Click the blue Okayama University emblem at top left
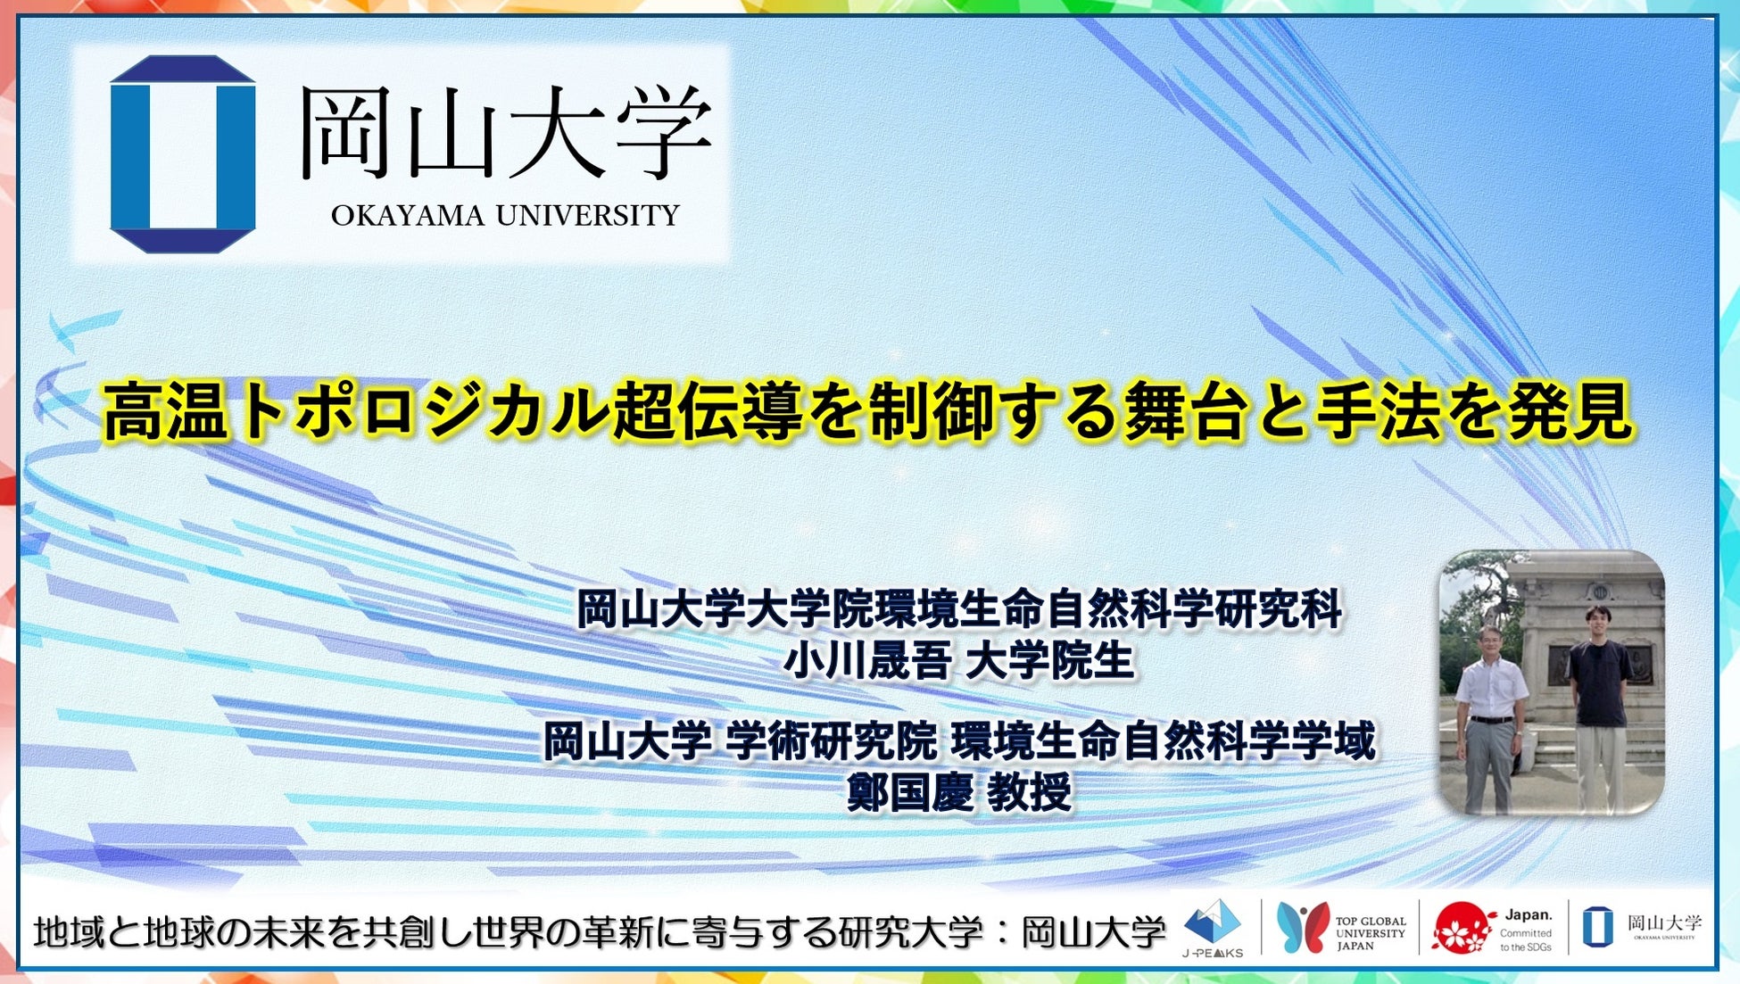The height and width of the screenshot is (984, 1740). tap(183, 153)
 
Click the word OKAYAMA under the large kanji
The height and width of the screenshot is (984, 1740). tap(408, 216)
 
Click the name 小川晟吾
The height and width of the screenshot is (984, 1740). tap(866, 661)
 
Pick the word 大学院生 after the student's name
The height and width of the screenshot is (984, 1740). tap(1050, 661)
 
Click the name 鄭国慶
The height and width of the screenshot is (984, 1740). tap(910, 791)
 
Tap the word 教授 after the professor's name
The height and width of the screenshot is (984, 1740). tap(1029, 791)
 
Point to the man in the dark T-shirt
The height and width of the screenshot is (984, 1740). tap(1599, 705)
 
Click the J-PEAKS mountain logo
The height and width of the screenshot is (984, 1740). tap(1212, 926)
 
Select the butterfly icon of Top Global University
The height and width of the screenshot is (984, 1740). tap(1304, 926)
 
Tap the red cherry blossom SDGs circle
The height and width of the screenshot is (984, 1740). tap(1462, 928)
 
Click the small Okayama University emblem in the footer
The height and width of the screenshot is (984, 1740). tap(1597, 926)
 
